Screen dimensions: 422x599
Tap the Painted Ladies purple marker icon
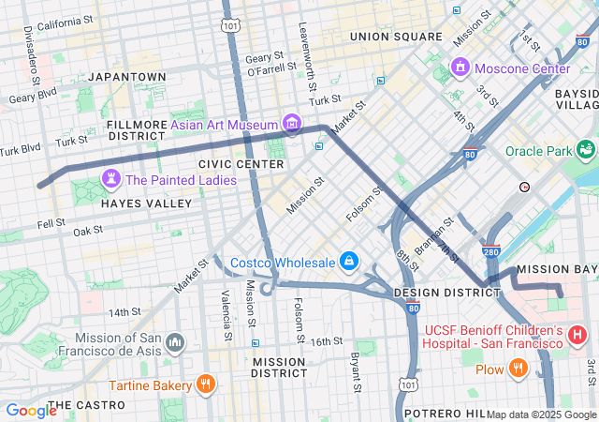[x=111, y=178]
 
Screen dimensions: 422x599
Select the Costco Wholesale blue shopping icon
[x=348, y=260]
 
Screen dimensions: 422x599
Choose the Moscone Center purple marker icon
[x=460, y=68]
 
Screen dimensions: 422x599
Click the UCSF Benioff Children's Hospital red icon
[x=577, y=334]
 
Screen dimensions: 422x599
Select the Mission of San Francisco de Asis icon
[x=175, y=344]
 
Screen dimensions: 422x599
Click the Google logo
[x=31, y=410]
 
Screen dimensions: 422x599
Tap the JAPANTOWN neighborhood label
[x=125, y=77]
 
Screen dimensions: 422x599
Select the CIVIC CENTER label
[x=241, y=164]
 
